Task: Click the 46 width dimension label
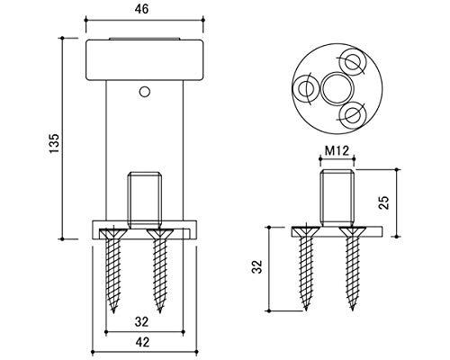[x=141, y=9]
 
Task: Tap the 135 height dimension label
[x=55, y=143]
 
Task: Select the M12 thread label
[x=337, y=150]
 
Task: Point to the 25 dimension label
[x=384, y=202]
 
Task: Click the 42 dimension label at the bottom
[x=141, y=342]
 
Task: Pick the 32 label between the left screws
[x=141, y=322]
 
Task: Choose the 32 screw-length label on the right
[x=257, y=266]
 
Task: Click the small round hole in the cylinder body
[x=145, y=92]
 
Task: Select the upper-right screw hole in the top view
[x=354, y=62]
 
